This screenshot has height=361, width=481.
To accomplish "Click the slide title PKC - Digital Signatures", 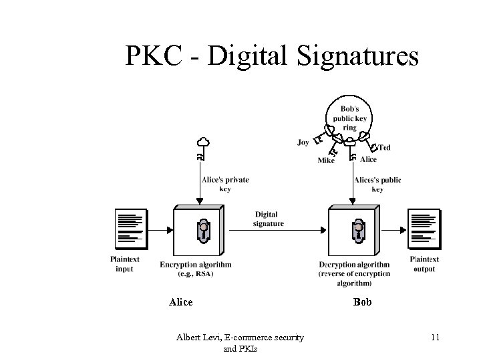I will tap(272, 56).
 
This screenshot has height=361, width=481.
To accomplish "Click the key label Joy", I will tap(303, 142).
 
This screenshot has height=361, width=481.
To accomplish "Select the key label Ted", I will tap(384, 147).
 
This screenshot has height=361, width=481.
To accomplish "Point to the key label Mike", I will tap(326, 160).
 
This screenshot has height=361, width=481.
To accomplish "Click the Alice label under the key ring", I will tap(368, 160).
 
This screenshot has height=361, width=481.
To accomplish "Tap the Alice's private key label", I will tap(225, 184).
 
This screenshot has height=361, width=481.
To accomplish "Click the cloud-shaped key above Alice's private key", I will tap(203, 142).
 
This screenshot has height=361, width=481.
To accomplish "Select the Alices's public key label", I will tap(377, 184).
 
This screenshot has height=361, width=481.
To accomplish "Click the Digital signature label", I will tap(268, 219).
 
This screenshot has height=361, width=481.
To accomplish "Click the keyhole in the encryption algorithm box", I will tap(203, 231).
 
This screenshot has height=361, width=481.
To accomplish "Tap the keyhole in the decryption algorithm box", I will tap(358, 231).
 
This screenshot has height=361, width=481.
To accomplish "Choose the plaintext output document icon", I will tap(424, 227).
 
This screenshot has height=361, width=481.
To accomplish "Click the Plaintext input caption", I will tap(124, 264).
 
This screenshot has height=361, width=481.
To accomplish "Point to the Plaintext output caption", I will tap(424, 264).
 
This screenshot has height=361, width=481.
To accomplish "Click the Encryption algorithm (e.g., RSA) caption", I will tap(196, 269).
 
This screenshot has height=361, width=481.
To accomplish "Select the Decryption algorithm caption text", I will tap(354, 273).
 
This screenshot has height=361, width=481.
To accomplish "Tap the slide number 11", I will tap(434, 338).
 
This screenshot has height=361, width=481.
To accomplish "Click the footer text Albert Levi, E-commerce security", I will tap(240, 338).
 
